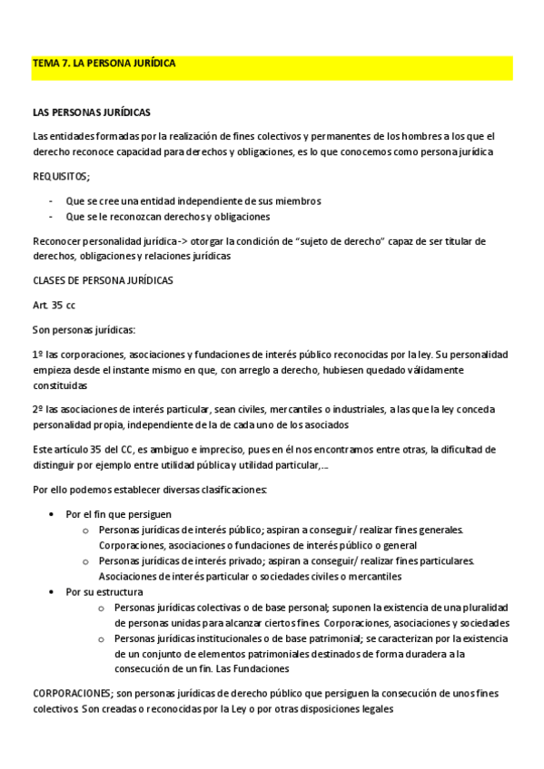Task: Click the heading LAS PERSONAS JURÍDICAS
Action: click(x=91, y=113)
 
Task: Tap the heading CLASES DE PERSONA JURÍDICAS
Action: click(x=103, y=280)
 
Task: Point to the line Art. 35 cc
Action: click(x=54, y=305)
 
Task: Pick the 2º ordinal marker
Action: click(x=38, y=410)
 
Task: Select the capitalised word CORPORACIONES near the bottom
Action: click(x=71, y=694)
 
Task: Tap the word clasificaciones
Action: click(x=232, y=490)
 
